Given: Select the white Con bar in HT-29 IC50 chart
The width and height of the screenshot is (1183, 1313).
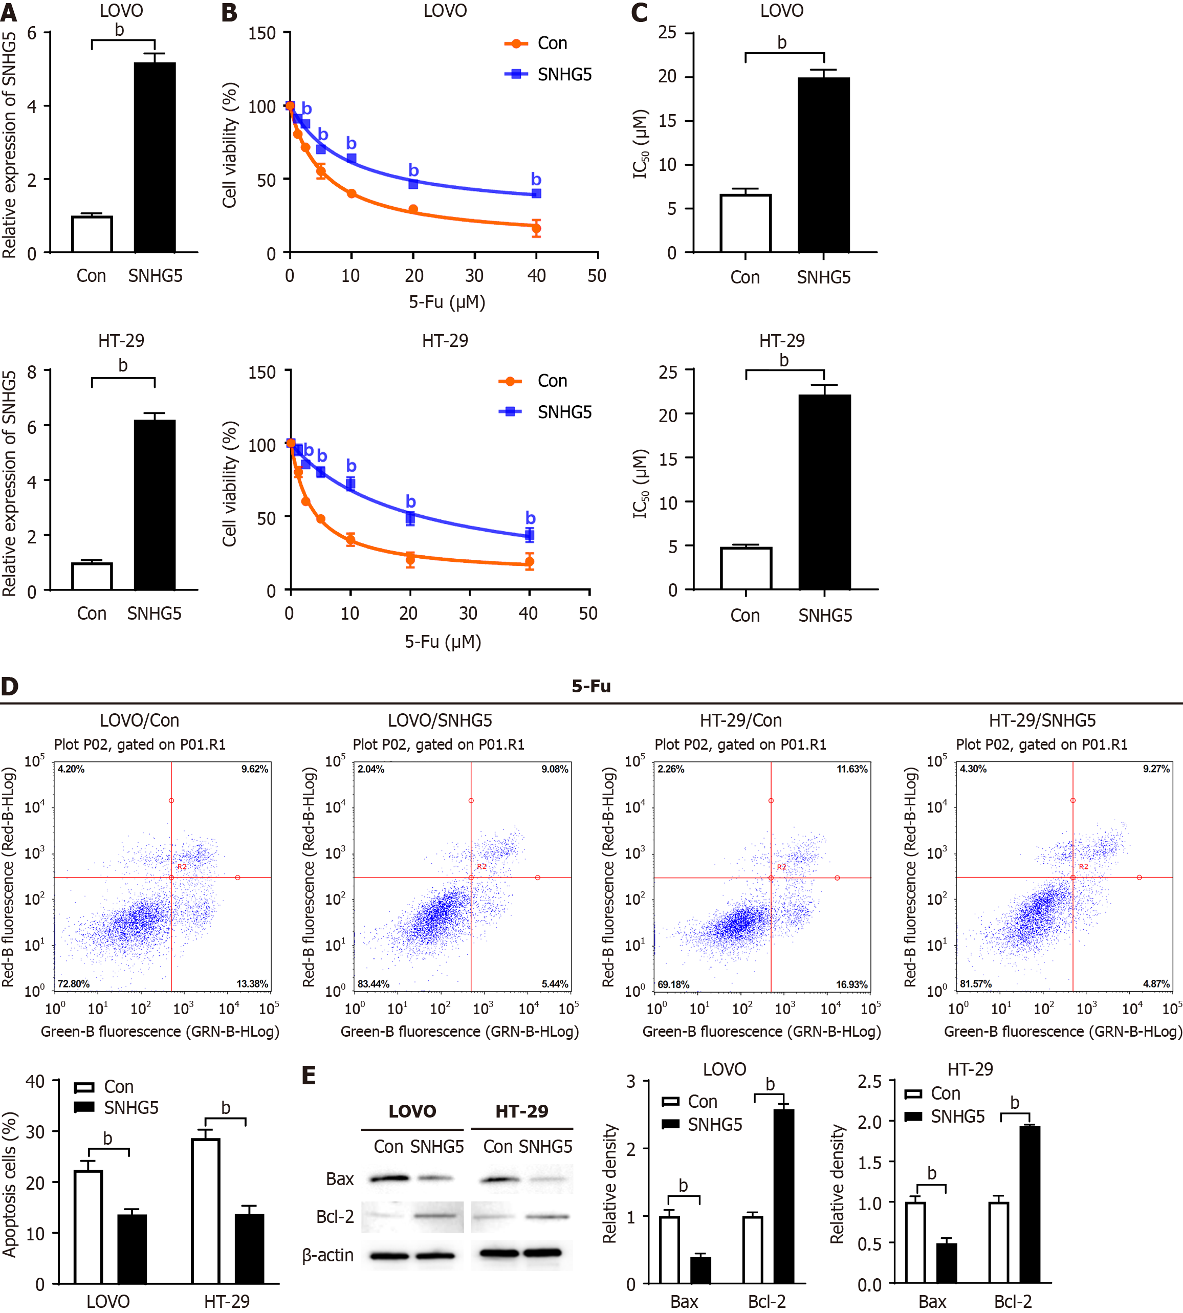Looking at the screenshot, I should click(746, 569).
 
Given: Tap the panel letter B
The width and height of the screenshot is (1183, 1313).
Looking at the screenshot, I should click(229, 13).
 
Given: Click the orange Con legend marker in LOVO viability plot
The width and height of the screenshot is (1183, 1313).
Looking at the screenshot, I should click(516, 43).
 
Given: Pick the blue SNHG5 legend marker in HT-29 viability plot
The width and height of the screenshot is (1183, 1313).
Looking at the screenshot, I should click(510, 412).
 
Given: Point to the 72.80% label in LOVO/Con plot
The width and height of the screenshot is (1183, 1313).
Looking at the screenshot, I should click(74, 983).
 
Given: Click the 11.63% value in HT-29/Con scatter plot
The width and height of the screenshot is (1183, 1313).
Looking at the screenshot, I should click(851, 769).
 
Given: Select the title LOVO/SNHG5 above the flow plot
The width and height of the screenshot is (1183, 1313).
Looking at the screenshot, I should click(440, 720).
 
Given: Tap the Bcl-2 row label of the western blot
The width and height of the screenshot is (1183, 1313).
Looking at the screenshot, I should click(335, 1216).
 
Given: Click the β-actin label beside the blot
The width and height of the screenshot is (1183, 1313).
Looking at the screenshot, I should click(327, 1255).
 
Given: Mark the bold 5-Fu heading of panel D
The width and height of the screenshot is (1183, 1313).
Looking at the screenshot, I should click(591, 686).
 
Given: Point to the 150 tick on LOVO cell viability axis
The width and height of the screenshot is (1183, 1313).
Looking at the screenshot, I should click(262, 33).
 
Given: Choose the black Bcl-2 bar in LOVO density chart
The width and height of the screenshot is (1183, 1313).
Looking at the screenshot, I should click(784, 1196).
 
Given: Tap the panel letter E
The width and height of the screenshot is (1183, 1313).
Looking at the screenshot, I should click(309, 1076).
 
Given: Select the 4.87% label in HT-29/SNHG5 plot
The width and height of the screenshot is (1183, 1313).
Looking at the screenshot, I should click(1156, 983).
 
